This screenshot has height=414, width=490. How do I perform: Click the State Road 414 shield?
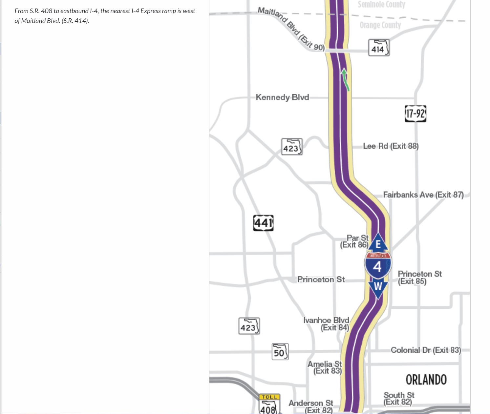click(x=379, y=48)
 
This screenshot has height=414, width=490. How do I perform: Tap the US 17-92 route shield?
click(x=415, y=114)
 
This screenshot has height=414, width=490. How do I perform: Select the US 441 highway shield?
click(x=263, y=223)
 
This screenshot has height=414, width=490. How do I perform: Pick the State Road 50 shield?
click(x=280, y=352)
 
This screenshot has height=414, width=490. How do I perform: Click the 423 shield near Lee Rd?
click(x=292, y=147)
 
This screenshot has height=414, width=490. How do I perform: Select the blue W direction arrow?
click(x=378, y=287)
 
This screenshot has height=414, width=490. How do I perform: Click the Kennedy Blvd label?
click(x=282, y=97)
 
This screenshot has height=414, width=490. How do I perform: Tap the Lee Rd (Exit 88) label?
click(x=391, y=146)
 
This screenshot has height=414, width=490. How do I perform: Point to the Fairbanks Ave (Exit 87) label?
click(x=423, y=195)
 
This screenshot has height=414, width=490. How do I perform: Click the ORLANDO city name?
click(x=426, y=380)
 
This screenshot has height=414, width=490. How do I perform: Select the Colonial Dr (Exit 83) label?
click(x=426, y=350)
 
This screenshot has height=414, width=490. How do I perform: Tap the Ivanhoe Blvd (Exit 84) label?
click(x=327, y=324)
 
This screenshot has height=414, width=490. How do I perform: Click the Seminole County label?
click(x=381, y=4)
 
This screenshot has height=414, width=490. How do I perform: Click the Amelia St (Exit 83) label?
click(x=325, y=367)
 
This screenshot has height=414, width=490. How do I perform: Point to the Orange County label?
click(x=380, y=25)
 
